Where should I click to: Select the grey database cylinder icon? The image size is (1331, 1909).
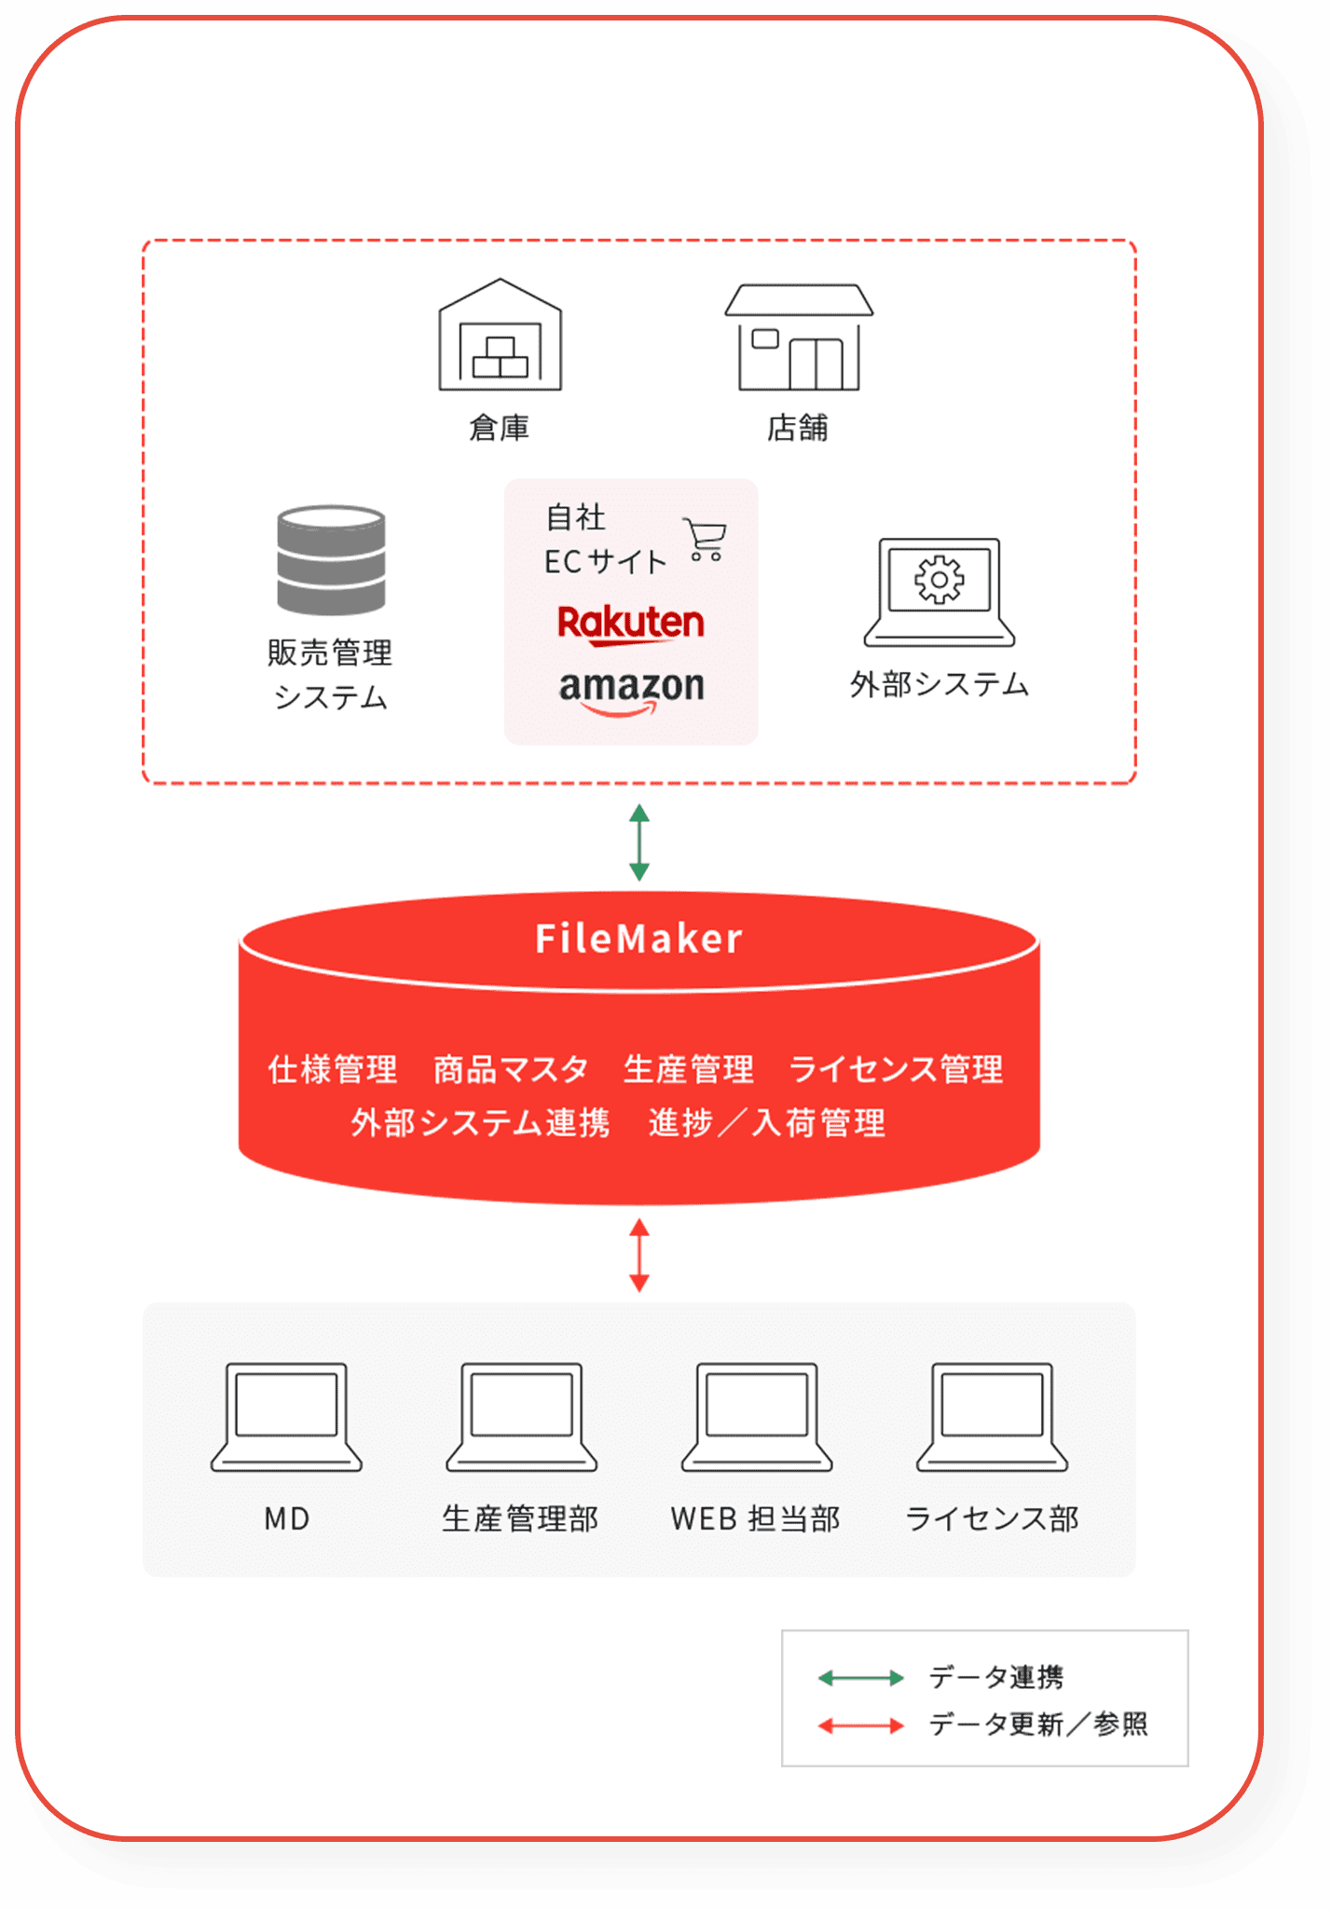point(331,560)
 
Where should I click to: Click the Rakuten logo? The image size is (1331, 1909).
point(631,624)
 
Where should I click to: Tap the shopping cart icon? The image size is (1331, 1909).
point(705,539)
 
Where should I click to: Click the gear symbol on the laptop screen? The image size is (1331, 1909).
point(939,580)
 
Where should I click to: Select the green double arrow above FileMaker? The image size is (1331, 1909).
point(639,843)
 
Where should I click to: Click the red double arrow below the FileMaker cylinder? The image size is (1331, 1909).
point(639,1255)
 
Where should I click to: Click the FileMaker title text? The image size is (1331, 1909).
point(639,939)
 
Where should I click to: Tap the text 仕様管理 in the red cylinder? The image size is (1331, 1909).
point(333,1069)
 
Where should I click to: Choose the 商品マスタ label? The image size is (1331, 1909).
point(511,1069)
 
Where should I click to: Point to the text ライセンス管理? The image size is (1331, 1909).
point(896,1069)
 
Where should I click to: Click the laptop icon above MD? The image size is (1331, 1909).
point(286,1417)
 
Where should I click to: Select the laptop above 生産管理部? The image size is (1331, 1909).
point(521,1417)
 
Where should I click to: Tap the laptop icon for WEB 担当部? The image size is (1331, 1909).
point(756,1417)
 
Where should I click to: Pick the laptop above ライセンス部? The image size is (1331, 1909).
point(992,1417)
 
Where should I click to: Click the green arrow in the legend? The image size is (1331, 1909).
point(860,1679)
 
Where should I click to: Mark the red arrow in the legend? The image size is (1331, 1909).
point(860,1726)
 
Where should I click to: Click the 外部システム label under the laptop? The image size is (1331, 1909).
point(939,685)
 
